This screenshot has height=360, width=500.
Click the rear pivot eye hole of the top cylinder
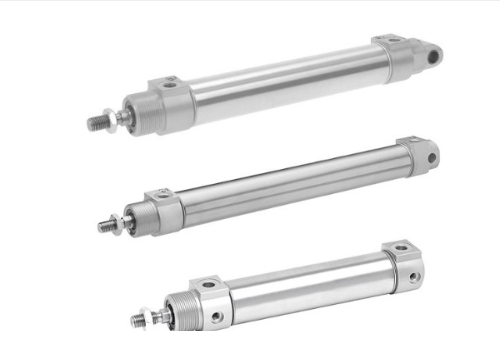click(x=432, y=57)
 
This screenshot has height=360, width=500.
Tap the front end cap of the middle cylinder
click(x=165, y=208)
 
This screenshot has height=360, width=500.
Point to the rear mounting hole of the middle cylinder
click(x=432, y=158)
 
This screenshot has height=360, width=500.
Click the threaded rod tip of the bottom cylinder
click(x=138, y=321)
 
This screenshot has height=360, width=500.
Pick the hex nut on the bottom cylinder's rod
click(x=157, y=316)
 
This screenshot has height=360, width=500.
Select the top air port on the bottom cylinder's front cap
click(x=209, y=285)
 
